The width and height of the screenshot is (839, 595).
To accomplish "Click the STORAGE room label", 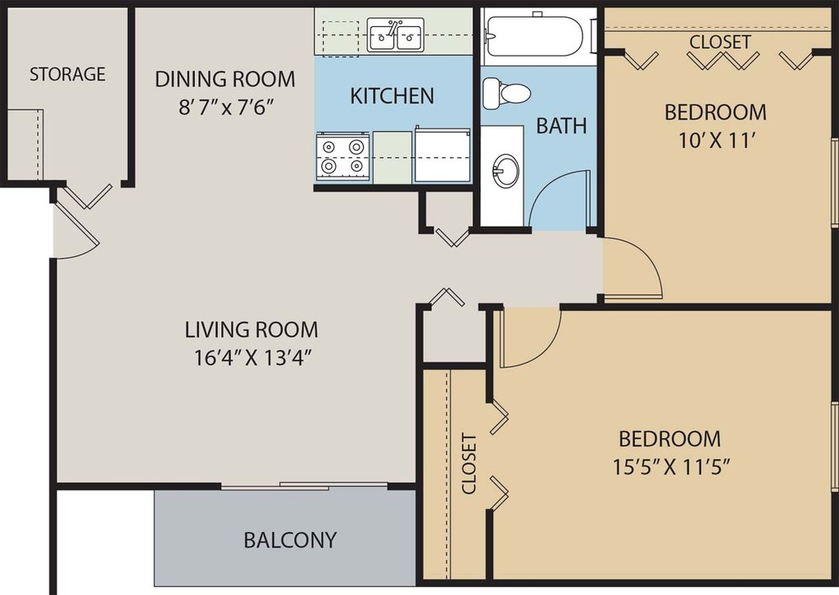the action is coord(67,74).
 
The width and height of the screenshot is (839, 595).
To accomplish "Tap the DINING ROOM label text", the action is coord(224,79).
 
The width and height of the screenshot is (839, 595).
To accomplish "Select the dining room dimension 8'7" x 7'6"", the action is coord(226,108).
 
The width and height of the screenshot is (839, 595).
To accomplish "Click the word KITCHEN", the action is coord(392,97).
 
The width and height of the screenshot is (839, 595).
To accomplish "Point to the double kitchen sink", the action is coord(396,34).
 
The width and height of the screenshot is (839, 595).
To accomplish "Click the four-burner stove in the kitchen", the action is coord(342,156).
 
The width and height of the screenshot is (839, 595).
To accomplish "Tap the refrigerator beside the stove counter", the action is coord(442,155).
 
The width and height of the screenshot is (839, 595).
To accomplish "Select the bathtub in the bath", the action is coord(534,36).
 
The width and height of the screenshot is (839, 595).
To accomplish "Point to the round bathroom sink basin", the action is coord(506,171).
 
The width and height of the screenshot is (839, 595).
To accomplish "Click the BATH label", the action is coord(561,126).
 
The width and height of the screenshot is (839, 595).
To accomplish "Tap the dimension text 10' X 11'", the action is coord(717,141).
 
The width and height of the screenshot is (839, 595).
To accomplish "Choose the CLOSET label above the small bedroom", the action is coord(719,42).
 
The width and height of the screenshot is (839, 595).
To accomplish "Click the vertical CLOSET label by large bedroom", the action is coord(469,464).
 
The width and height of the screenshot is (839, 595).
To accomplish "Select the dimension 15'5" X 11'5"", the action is coord(672,467).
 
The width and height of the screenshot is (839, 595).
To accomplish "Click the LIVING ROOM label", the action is coord(252,330).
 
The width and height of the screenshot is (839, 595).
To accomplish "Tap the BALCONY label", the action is coord(290,540).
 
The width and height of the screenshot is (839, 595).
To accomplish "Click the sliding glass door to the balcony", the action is coord(304,486).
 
